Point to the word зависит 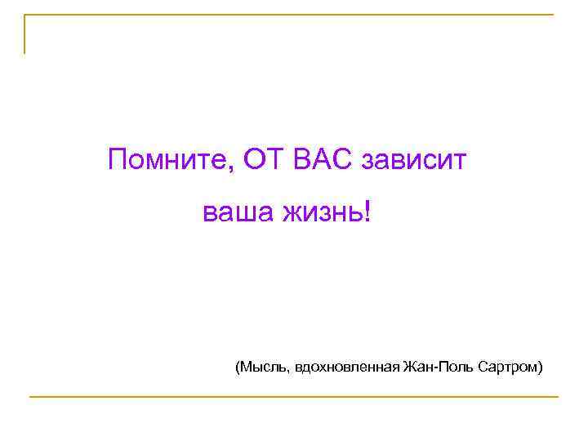click(413, 160)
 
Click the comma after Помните click(234, 168)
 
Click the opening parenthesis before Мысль click(238, 367)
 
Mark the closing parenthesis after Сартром click(540, 367)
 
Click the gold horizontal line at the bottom click(294, 397)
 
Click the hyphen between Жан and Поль click(436, 368)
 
